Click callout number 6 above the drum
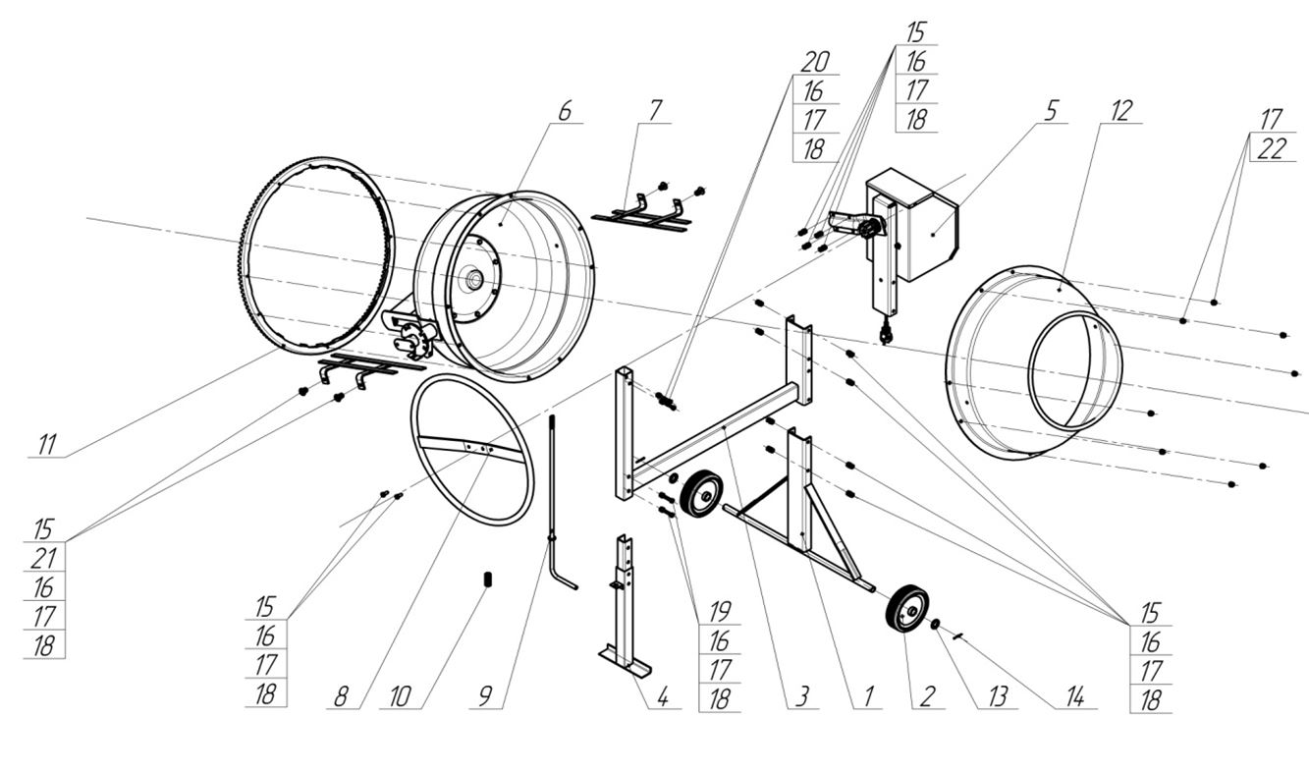click(564, 111)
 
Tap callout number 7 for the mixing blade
click(654, 111)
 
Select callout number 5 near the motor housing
click(1051, 111)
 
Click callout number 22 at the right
click(1272, 149)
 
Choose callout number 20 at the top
click(815, 62)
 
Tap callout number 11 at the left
click(46, 444)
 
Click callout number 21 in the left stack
click(43, 559)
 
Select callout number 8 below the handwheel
click(341, 697)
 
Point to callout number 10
click(399, 697)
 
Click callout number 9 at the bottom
click(485, 697)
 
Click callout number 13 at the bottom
click(998, 697)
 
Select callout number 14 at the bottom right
click(1075, 697)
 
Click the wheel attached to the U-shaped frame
click(701, 494)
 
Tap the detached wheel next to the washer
click(906, 609)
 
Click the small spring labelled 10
click(487, 580)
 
